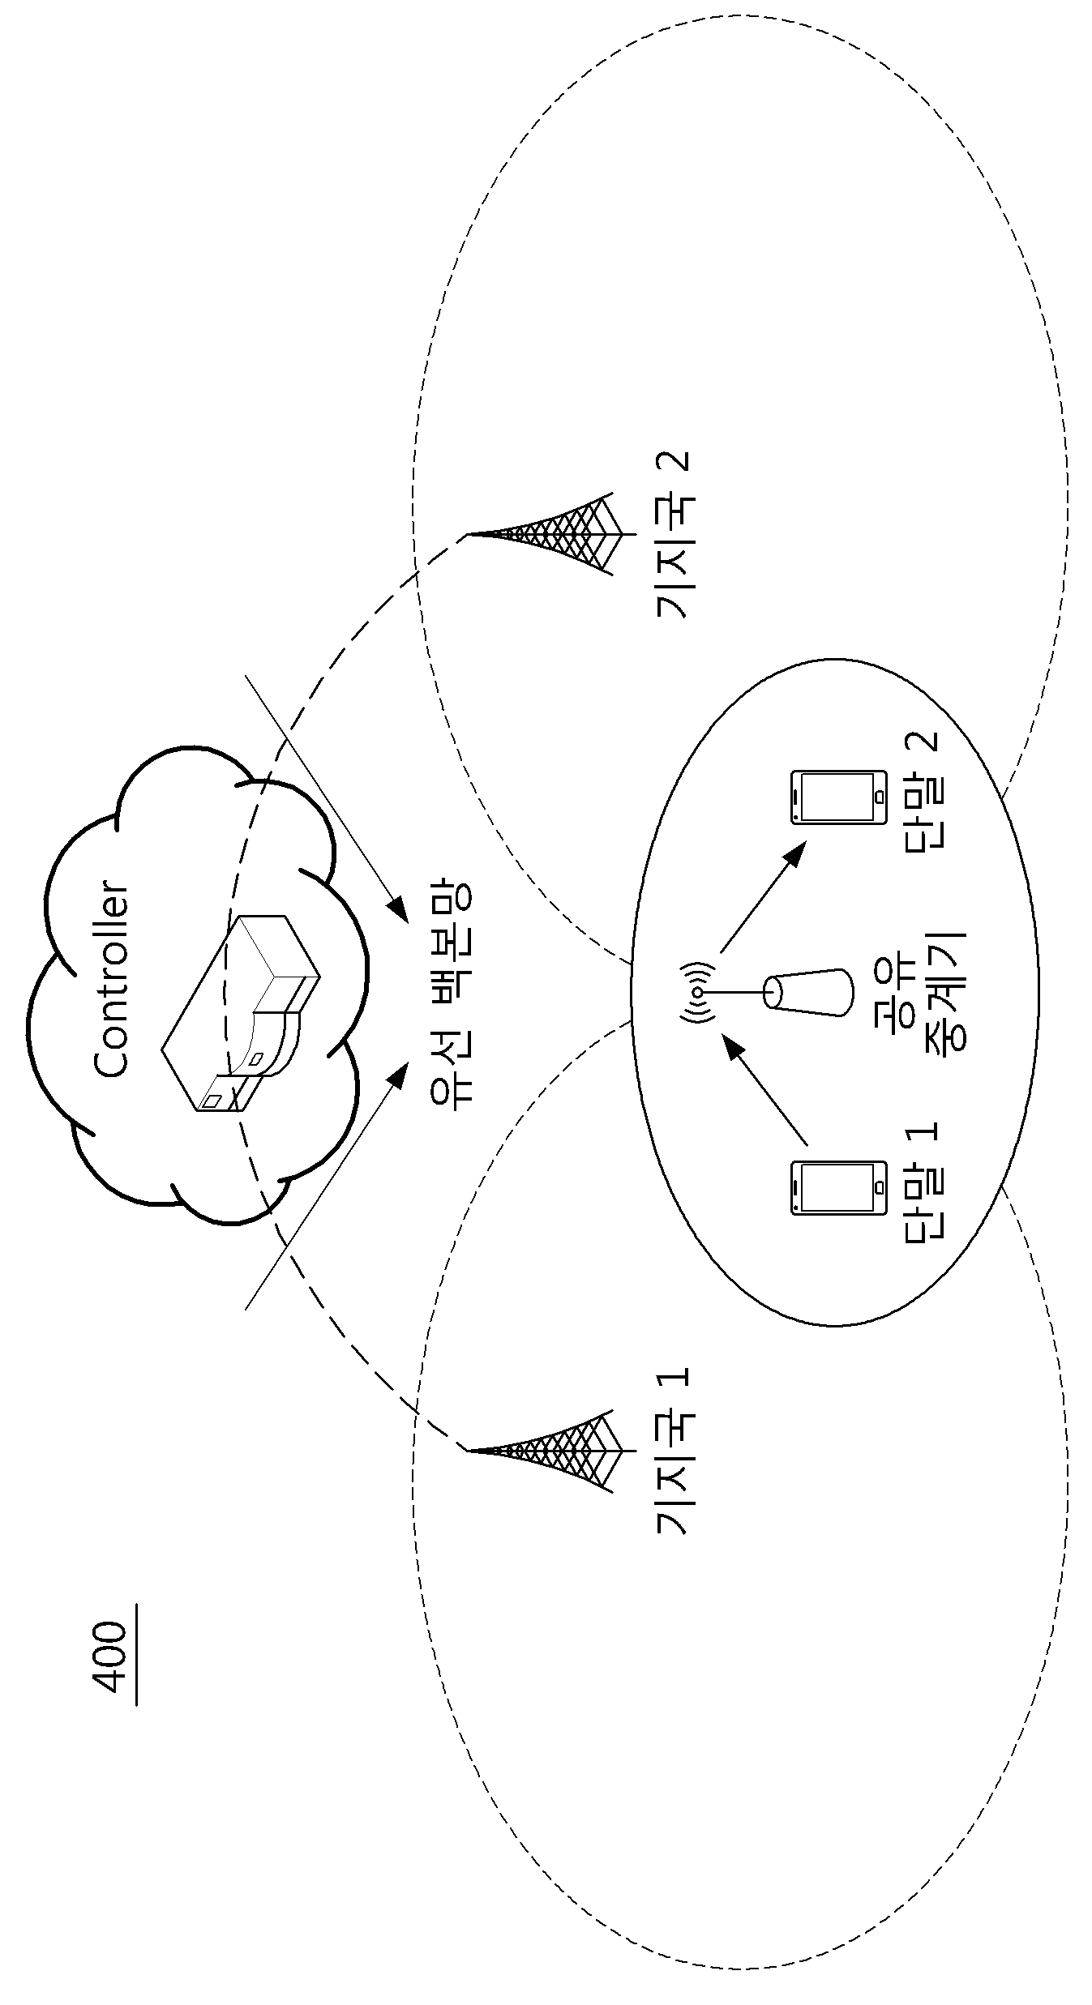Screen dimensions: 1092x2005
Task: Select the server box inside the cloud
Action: tap(242, 1013)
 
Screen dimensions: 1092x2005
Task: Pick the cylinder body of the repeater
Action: tap(809, 990)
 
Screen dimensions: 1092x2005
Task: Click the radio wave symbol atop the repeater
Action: tap(699, 991)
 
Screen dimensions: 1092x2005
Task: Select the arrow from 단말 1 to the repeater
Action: tap(765, 1092)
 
